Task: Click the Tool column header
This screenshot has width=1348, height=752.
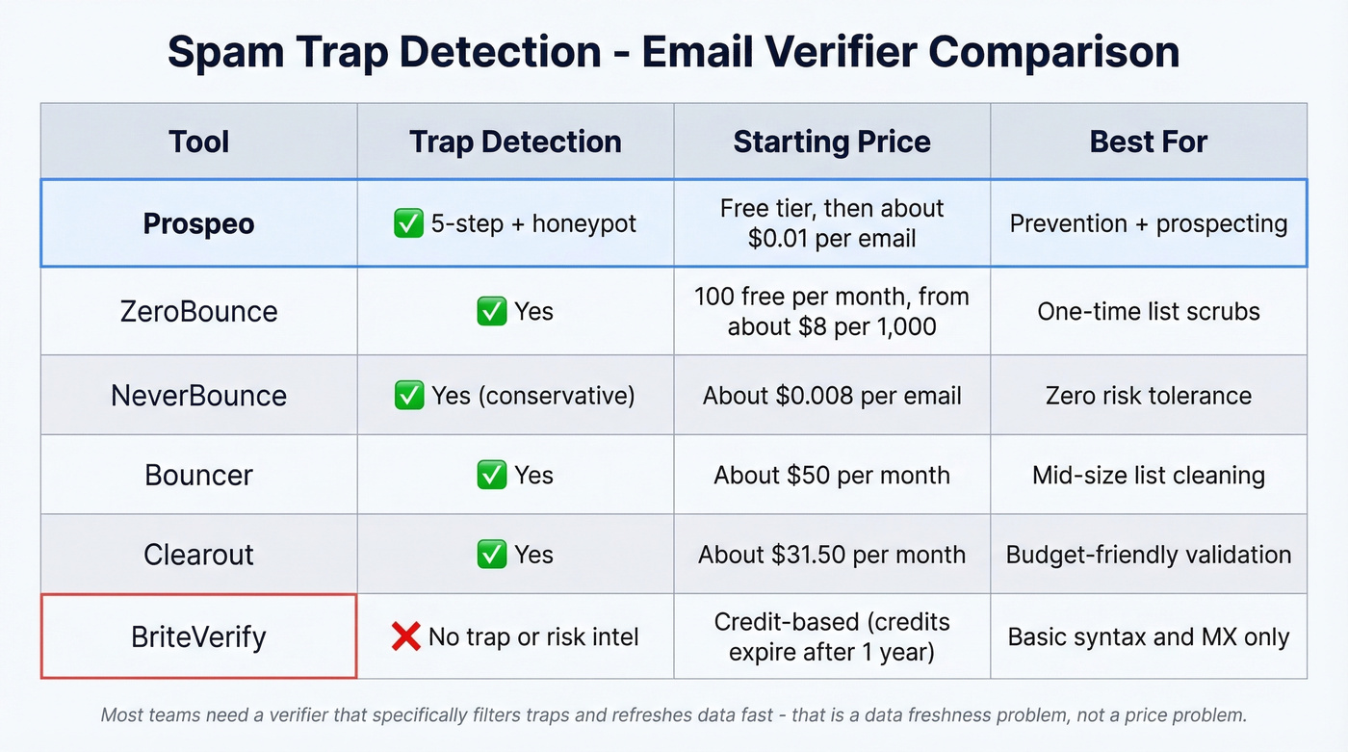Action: click(x=198, y=142)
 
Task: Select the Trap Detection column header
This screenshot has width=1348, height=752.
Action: click(x=515, y=142)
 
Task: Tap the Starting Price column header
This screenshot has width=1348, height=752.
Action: click(x=832, y=142)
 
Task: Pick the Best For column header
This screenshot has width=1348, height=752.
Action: click(x=1148, y=142)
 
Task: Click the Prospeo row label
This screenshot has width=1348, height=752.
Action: click(x=198, y=223)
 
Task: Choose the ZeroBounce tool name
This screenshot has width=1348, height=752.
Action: click(x=198, y=311)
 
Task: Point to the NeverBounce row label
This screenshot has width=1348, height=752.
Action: click(x=198, y=395)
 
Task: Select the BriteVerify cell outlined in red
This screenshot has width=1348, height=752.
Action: click(x=198, y=636)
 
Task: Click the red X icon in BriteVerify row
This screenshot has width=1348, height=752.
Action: click(x=405, y=635)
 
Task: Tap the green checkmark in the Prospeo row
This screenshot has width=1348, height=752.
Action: click(x=409, y=223)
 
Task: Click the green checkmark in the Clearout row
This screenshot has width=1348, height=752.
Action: click(x=492, y=555)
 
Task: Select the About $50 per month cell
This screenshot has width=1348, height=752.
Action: click(x=832, y=475)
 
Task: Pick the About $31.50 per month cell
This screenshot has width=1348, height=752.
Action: click(x=832, y=555)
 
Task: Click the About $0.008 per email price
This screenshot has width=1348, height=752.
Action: click(x=832, y=395)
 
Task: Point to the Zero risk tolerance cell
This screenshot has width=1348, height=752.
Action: click(x=1148, y=395)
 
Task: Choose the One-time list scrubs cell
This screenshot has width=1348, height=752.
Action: click(x=1148, y=311)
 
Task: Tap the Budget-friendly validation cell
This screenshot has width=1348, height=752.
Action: click(x=1148, y=555)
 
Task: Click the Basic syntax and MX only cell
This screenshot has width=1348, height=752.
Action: click(x=1148, y=636)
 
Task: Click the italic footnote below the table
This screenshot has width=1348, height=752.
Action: click(x=673, y=715)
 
